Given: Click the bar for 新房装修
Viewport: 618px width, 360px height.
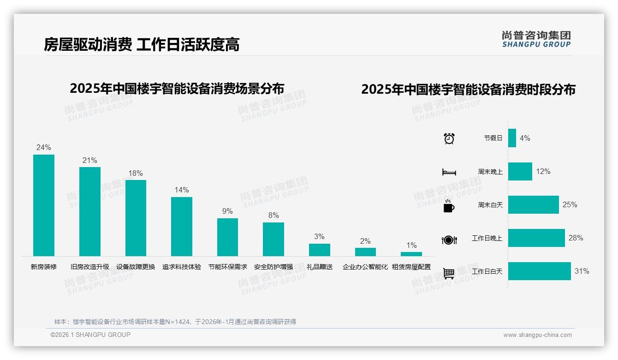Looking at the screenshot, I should (x=44, y=205).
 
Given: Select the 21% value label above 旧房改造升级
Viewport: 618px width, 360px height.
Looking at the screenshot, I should (x=90, y=161).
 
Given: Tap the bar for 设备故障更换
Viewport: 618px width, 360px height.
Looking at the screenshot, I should (x=136, y=218).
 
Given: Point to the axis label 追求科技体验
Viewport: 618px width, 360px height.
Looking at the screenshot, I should (x=182, y=267).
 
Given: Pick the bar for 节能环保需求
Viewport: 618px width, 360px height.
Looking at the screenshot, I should (x=227, y=237).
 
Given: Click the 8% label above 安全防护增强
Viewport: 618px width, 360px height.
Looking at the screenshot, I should (x=273, y=215).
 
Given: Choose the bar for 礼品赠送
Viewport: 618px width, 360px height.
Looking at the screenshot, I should (x=320, y=250).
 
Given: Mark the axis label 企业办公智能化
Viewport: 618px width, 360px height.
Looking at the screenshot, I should (x=365, y=267).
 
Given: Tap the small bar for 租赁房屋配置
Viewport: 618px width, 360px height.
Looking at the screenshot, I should (x=411, y=254).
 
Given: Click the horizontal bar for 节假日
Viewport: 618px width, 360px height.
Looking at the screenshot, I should (x=512, y=138).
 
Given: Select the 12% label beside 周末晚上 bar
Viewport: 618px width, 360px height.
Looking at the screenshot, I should (x=543, y=171).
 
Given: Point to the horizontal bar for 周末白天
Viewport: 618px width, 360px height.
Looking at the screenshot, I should (x=533, y=204).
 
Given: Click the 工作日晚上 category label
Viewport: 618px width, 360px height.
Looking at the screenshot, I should (x=487, y=238).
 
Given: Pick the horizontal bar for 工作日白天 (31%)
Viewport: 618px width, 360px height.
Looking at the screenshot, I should (x=540, y=271).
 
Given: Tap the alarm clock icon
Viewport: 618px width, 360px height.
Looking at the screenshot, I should (x=449, y=138).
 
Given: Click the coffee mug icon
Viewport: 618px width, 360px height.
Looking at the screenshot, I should (x=449, y=206).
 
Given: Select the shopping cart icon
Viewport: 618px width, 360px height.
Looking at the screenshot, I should (x=449, y=273).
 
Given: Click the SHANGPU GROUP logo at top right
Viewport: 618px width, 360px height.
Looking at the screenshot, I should (x=536, y=39).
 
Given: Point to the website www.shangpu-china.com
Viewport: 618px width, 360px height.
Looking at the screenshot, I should (x=537, y=335).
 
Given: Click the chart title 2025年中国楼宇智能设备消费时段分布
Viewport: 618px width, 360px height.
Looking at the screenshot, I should (x=468, y=90).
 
